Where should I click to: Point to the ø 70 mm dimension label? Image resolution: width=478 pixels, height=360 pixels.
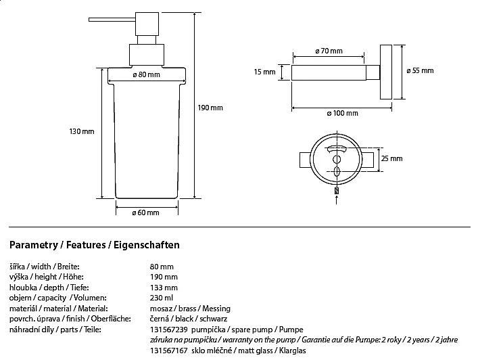point(329,51)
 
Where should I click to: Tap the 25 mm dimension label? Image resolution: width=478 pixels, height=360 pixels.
point(393,158)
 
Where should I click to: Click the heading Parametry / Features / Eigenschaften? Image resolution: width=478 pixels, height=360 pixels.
point(95,244)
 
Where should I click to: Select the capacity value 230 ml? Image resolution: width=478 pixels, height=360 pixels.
point(160,297)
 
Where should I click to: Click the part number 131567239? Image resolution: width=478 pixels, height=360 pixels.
point(166,328)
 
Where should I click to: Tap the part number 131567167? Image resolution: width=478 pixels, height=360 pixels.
point(166,350)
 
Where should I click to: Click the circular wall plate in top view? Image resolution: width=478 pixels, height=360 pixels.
point(336,162)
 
